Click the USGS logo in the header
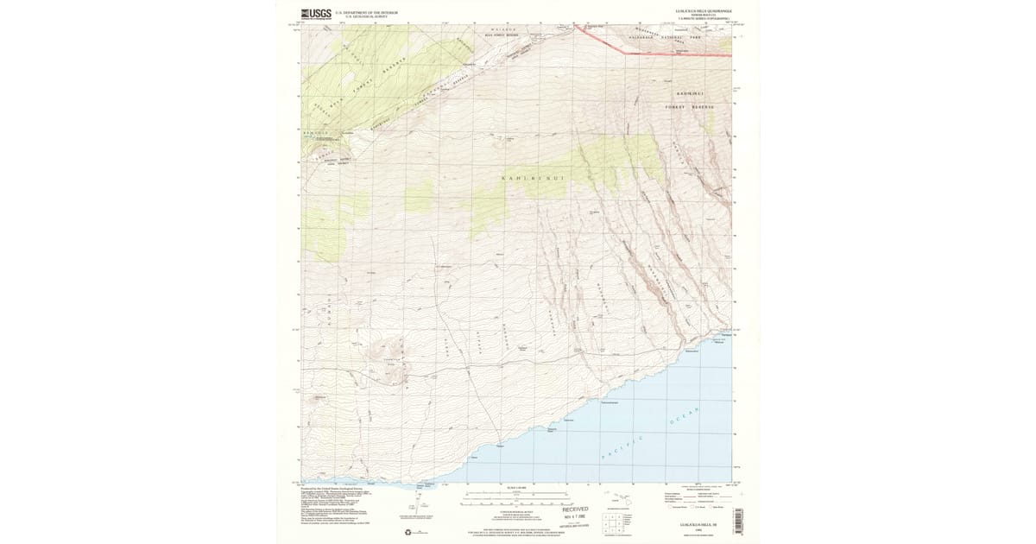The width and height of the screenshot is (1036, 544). (316, 13)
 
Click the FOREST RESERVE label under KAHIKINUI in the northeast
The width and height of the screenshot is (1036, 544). (690, 107)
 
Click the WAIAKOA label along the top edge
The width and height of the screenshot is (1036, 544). (504, 30)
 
